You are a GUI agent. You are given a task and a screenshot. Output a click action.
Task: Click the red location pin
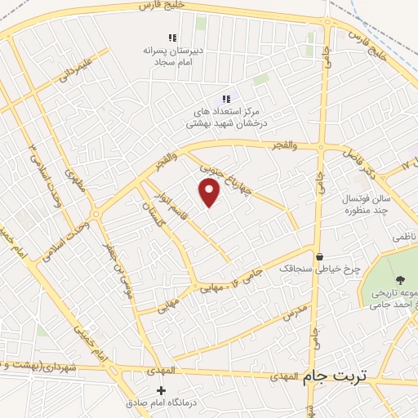click(210, 193)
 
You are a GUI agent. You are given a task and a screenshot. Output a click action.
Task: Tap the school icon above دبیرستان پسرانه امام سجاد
click(172, 38)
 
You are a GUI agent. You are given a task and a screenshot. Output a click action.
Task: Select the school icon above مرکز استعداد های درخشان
click(226, 99)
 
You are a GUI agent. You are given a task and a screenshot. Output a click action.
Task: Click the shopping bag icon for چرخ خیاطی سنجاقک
click(320, 256)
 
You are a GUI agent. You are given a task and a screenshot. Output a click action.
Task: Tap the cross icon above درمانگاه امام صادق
click(162, 391)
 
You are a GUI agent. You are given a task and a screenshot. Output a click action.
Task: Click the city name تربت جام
click(336, 377)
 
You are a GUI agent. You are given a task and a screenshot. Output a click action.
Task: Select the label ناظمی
click(402, 236)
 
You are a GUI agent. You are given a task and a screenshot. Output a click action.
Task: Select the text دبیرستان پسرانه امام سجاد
click(172, 56)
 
